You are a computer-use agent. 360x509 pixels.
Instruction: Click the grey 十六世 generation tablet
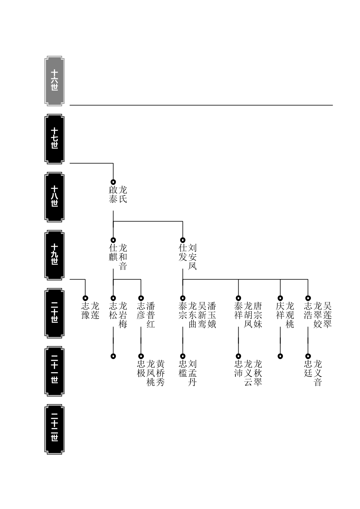[54, 81]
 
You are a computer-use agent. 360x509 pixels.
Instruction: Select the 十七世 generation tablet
[54, 139]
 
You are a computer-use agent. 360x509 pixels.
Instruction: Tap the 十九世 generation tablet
[54, 255]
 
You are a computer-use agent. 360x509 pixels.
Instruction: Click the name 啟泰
[113, 195]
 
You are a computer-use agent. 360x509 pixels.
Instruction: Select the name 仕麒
[113, 253]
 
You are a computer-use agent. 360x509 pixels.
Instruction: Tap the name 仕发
[183, 253]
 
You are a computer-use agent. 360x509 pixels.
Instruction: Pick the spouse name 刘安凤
[192, 257]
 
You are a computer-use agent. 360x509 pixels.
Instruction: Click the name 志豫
[85, 310]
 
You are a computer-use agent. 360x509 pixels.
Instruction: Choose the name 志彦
[141, 310]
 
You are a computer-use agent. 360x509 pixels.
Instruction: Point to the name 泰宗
[183, 310]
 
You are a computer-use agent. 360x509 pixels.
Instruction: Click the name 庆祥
[280, 310]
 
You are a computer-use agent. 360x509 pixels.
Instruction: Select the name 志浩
[308, 310]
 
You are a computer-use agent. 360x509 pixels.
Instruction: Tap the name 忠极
[141, 368]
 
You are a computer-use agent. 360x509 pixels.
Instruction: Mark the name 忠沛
[238, 368]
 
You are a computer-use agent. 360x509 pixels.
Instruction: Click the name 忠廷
[308, 368]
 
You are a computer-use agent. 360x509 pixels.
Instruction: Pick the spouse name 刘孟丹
[192, 373]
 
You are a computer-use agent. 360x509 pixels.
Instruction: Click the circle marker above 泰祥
[238, 298]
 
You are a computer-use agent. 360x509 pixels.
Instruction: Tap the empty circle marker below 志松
[113, 356]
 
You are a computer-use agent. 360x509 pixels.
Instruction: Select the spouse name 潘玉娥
[212, 315]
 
